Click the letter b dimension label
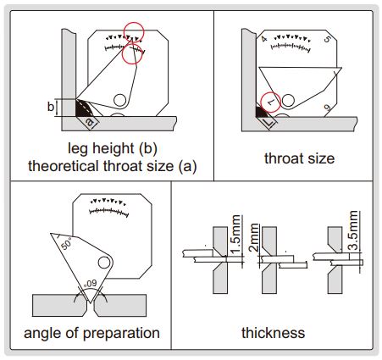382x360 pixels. click(51, 107)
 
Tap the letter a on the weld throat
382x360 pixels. click(89, 122)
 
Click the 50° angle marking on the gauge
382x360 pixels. click(66, 243)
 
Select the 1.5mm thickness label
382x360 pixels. click(236, 235)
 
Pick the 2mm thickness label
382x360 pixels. click(254, 237)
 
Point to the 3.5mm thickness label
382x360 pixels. click(353, 230)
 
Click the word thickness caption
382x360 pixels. click(273, 333)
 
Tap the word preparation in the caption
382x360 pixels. click(121, 333)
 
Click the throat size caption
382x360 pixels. click(299, 158)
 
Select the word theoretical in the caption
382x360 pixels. click(64, 166)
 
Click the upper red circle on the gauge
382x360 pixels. click(134, 32)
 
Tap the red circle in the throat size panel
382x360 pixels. click(270, 102)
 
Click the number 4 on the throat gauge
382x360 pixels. click(264, 38)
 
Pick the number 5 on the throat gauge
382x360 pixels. click(328, 39)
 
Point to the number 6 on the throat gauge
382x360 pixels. click(327, 108)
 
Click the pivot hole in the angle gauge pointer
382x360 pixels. click(104, 263)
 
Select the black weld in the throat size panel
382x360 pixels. click(261, 111)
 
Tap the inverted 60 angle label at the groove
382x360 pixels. click(91, 283)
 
